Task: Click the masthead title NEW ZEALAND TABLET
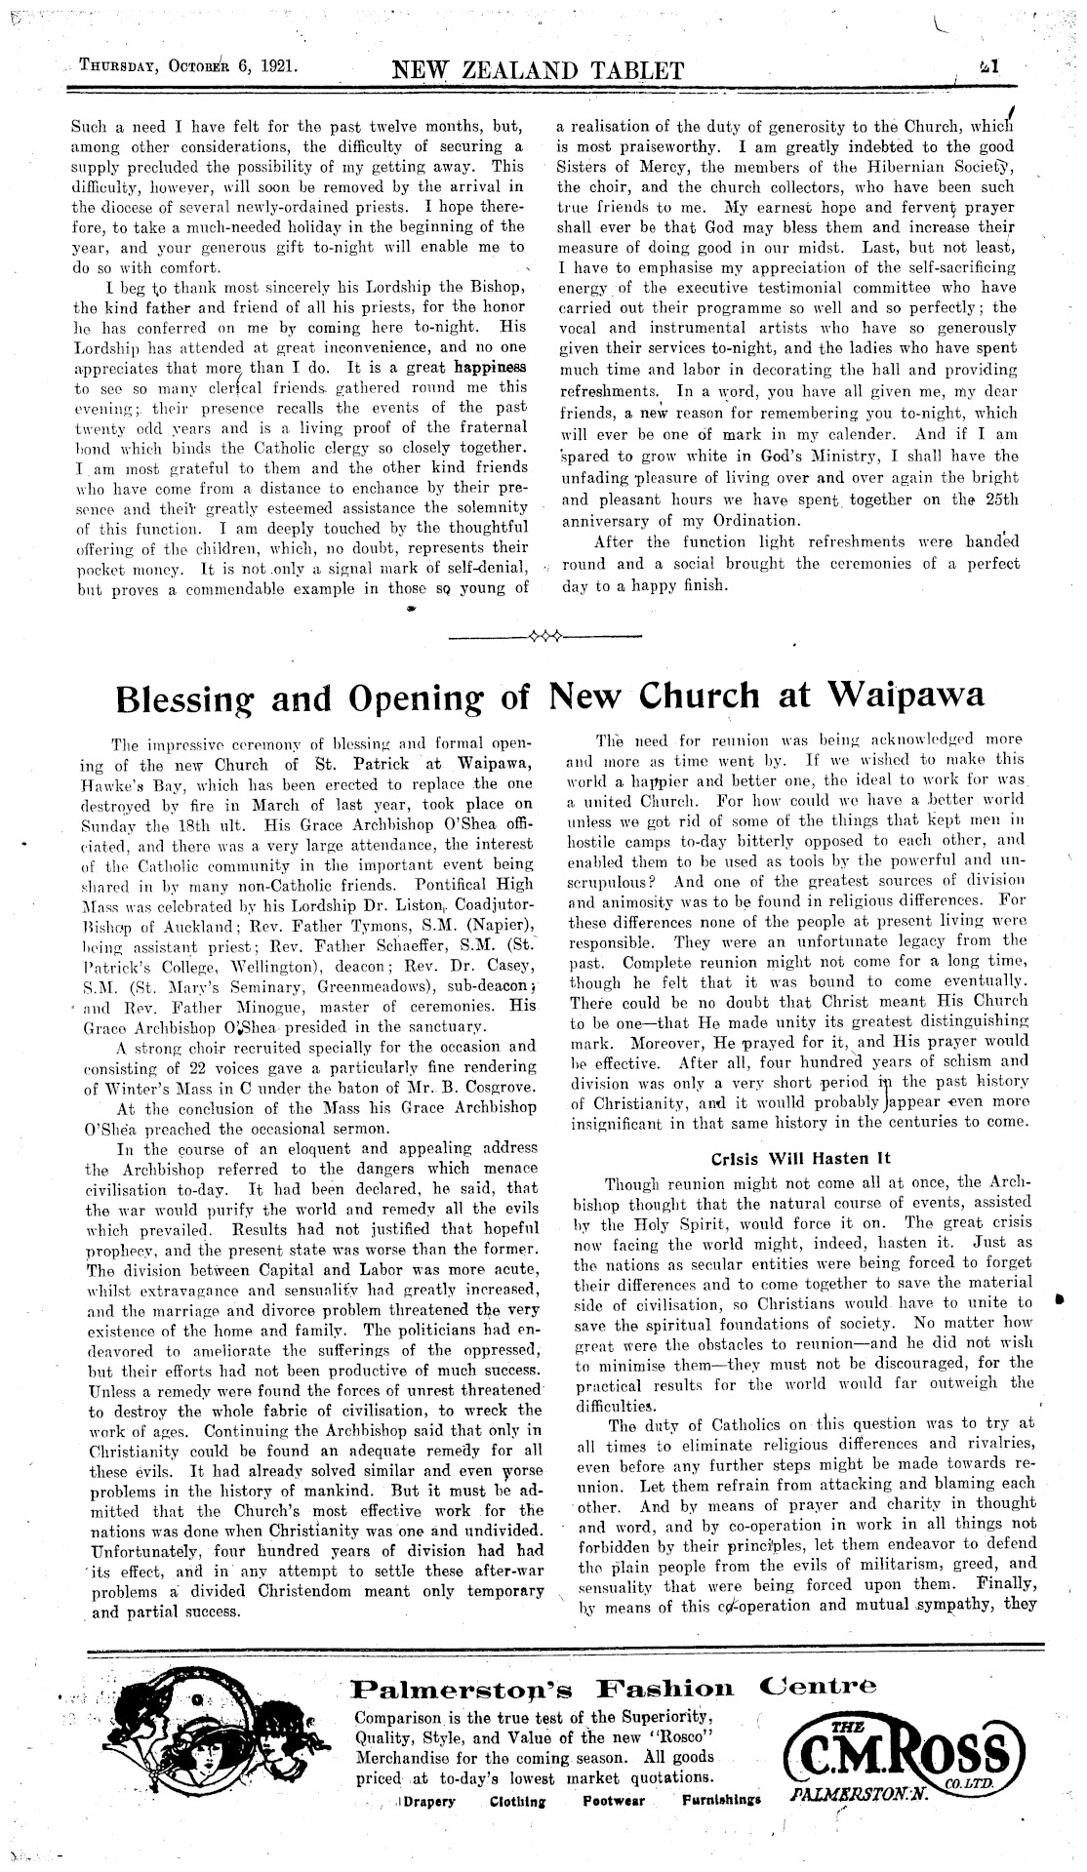537,70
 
